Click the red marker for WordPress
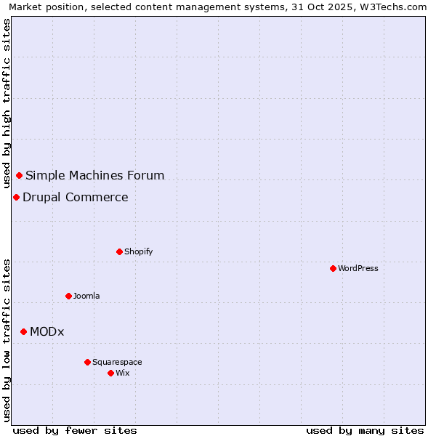tap(333, 268)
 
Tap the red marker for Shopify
tap(119, 251)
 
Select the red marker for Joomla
tap(68, 296)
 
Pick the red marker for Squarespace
tap(87, 362)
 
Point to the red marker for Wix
tap(110, 373)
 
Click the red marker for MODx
tap(23, 331)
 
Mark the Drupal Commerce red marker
tap(16, 197)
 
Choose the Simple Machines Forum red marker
tap(19, 175)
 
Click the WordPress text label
tap(358, 269)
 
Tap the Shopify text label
tap(138, 252)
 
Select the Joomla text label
tap(86, 296)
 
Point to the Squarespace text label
tap(117, 363)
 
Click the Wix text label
tap(122, 374)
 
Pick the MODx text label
tap(47, 332)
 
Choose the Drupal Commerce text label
tap(75, 198)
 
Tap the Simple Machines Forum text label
tap(94, 176)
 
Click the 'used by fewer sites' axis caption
tap(75, 430)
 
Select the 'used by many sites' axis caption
tap(365, 430)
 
